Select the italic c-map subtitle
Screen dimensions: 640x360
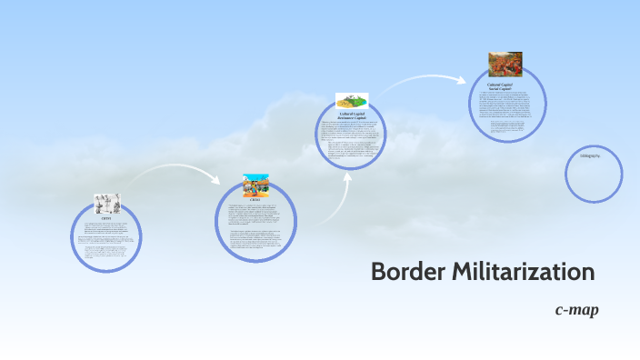(576, 310)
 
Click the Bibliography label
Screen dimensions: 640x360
(590, 155)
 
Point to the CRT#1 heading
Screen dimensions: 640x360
(106, 218)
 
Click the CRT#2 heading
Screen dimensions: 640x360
(255, 201)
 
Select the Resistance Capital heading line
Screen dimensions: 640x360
(350, 118)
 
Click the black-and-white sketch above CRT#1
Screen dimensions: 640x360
(106, 204)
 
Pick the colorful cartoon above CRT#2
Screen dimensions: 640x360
(255, 185)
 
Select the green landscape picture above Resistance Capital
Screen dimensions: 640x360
(351, 101)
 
